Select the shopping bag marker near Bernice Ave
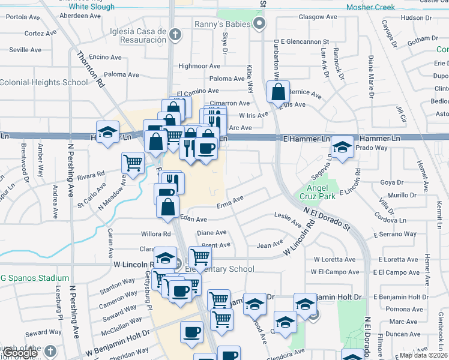[278, 93]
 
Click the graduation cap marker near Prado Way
[342, 146]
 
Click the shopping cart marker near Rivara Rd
[132, 162]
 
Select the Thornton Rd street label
[91, 70]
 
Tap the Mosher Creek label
[371, 8]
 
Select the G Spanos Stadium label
[35, 278]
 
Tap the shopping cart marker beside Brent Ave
[200, 257]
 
